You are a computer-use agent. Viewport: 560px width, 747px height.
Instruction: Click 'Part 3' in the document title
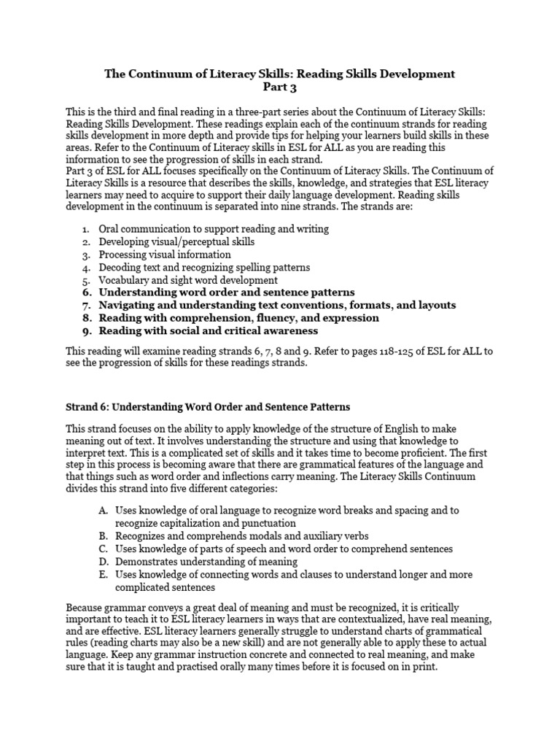point(279,87)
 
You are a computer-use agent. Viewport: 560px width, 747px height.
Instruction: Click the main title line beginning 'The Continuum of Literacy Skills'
point(279,74)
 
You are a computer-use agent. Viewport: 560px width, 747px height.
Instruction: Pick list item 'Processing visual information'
point(165,255)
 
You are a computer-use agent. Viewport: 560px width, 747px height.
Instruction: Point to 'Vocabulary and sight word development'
point(188,280)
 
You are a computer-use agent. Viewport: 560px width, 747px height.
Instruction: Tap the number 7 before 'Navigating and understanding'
point(85,306)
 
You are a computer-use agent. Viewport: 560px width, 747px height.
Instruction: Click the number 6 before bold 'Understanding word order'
point(85,293)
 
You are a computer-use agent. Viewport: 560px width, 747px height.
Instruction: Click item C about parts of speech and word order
point(284,549)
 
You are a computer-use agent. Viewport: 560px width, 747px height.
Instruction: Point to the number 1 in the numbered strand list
point(85,229)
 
